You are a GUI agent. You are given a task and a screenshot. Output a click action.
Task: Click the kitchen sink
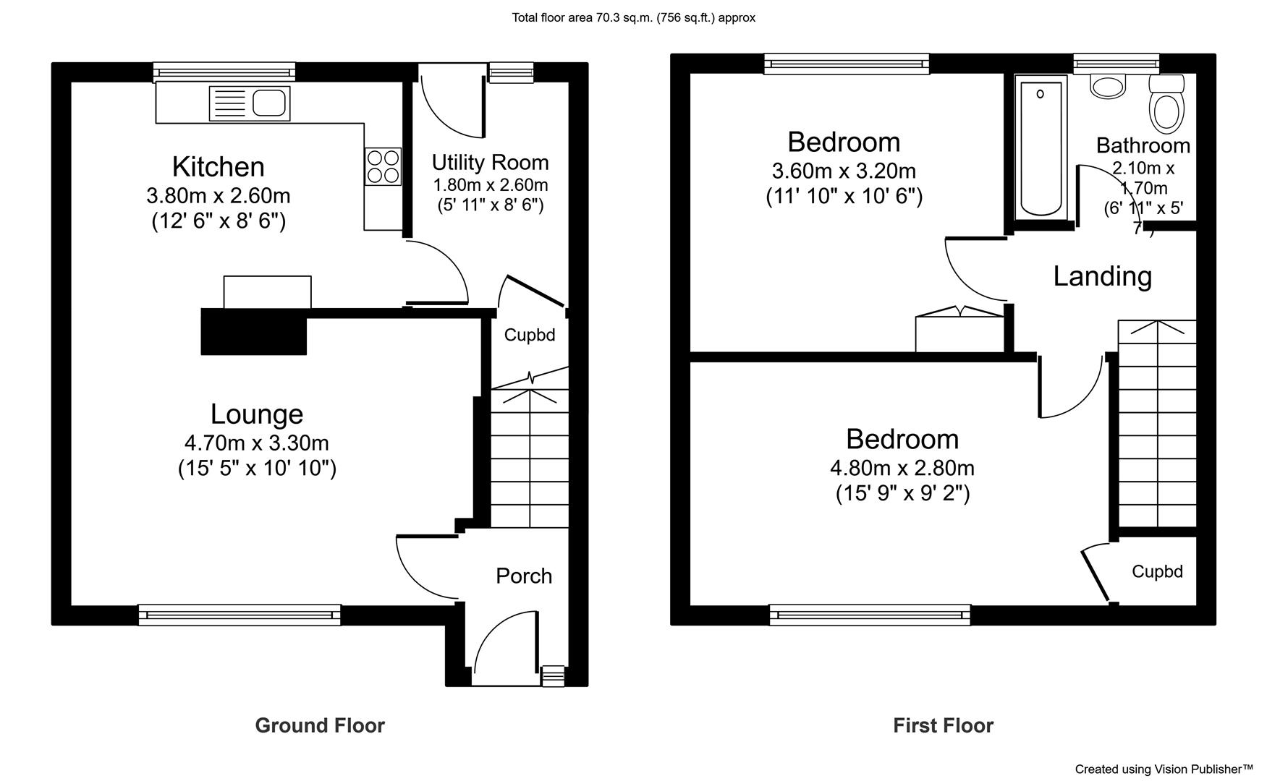click(x=250, y=103)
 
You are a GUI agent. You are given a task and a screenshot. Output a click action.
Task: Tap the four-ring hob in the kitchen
click(x=384, y=166)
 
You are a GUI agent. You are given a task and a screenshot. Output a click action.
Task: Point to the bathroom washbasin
click(x=1107, y=86)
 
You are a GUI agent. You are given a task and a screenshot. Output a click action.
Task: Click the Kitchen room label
click(x=218, y=167)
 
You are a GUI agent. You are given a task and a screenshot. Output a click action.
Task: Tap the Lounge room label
click(x=257, y=414)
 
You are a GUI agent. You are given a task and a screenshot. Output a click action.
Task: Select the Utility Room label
click(x=491, y=162)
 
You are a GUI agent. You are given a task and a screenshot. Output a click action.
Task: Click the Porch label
click(x=524, y=576)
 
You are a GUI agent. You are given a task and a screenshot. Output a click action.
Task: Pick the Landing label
click(x=1102, y=276)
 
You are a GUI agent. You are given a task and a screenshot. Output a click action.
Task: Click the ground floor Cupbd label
click(x=530, y=336)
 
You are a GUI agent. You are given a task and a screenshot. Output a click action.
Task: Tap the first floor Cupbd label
click(x=1157, y=572)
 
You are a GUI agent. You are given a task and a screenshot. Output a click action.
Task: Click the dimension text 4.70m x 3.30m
click(x=257, y=442)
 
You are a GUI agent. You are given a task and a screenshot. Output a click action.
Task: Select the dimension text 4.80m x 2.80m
click(x=902, y=468)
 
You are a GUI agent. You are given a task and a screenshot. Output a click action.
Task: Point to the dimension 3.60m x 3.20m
click(x=844, y=171)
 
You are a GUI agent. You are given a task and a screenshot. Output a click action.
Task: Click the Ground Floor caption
click(x=320, y=725)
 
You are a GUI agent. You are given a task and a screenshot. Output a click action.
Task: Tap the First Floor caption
click(x=944, y=725)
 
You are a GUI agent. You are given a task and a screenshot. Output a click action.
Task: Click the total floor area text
click(x=634, y=18)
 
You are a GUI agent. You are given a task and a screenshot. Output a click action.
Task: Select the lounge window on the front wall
click(x=240, y=615)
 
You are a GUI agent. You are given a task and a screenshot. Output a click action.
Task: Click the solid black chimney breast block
click(x=254, y=332)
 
